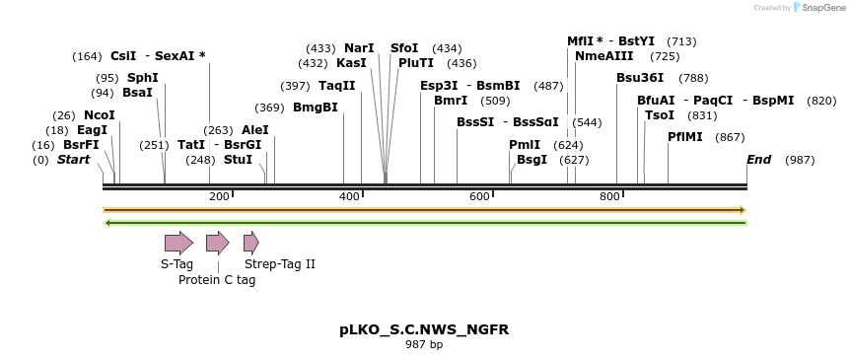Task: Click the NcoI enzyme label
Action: (x=99, y=115)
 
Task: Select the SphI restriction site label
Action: (x=142, y=78)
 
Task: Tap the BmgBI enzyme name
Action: (x=316, y=108)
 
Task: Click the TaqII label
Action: (x=336, y=86)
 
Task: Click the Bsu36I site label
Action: (x=640, y=78)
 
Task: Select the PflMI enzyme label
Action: (x=685, y=137)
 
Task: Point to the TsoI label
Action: (x=659, y=115)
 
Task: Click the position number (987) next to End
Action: (x=800, y=160)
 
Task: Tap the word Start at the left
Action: (x=73, y=160)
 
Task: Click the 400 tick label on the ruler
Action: (x=349, y=197)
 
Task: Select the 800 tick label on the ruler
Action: (x=609, y=197)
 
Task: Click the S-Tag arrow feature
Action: (x=178, y=243)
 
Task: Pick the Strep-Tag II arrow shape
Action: (x=250, y=243)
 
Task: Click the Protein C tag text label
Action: (x=217, y=280)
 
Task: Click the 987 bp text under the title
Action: (x=424, y=345)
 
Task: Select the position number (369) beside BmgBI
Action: (x=269, y=108)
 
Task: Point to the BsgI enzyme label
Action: (x=531, y=160)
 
